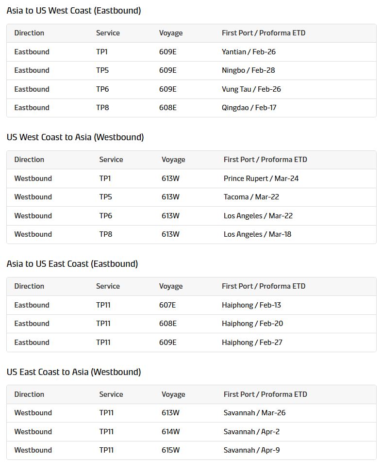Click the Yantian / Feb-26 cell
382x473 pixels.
[x=249, y=52]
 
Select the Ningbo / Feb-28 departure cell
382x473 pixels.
[x=248, y=70]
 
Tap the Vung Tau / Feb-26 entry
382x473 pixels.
[x=251, y=89]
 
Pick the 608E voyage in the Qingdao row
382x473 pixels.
[x=167, y=108]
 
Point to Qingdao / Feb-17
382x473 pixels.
[x=249, y=108]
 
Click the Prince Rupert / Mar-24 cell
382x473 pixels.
[x=261, y=179]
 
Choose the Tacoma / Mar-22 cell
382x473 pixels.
[x=251, y=197]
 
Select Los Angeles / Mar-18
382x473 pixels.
[x=257, y=234]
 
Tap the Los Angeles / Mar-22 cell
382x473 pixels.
[x=258, y=216]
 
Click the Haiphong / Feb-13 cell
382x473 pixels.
[x=251, y=305]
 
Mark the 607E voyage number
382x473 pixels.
[x=167, y=305]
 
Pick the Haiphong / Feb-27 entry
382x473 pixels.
[x=252, y=343]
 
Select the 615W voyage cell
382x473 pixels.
[x=170, y=450]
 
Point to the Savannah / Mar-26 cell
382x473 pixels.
[x=254, y=413]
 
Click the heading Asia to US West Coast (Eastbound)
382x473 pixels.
[x=74, y=11]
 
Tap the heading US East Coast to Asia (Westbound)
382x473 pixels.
[x=74, y=372]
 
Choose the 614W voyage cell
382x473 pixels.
[x=170, y=432]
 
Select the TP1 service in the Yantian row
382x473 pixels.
[x=102, y=52]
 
